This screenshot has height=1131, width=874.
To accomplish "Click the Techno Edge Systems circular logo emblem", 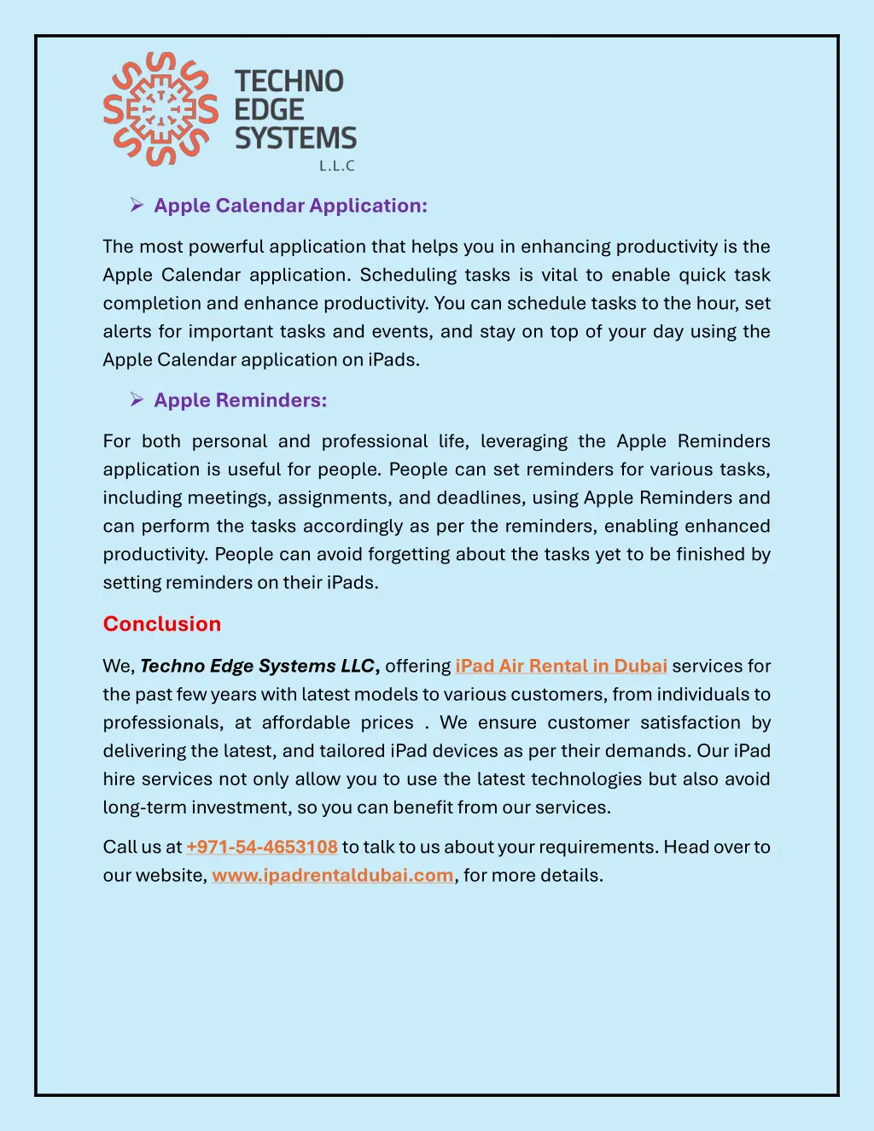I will [x=160, y=109].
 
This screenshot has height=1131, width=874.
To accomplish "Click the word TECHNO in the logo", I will [x=289, y=81].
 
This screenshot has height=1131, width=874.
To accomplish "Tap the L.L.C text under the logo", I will [x=336, y=166].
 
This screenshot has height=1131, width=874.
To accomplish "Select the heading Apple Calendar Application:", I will [x=290, y=206].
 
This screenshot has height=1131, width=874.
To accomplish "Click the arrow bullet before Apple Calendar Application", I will [x=136, y=205].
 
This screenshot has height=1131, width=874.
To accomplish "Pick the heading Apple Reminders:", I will [x=240, y=400].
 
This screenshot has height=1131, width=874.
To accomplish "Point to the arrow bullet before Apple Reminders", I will [x=136, y=399].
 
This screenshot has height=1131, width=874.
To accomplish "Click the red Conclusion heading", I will [x=162, y=624].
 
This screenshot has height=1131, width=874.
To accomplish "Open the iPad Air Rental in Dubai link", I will [x=561, y=666].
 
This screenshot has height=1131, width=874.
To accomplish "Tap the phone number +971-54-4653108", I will [x=262, y=847].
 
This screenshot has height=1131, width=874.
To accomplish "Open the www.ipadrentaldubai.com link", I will [x=333, y=875].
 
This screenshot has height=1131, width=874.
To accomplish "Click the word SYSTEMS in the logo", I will [x=295, y=138].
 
